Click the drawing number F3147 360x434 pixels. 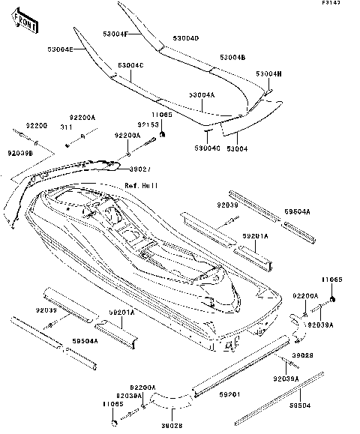343,5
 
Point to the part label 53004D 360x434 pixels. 185,37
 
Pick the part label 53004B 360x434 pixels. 232,57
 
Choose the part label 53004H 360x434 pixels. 268,73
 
